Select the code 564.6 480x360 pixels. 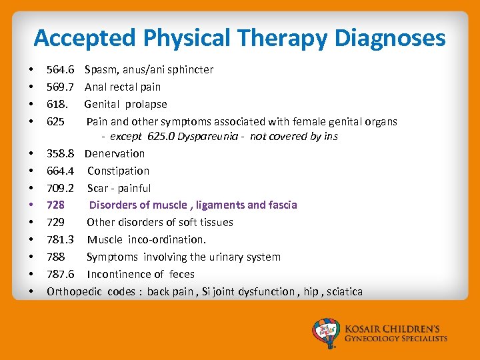pyautogui.click(x=60, y=69)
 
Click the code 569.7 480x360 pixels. pyautogui.click(x=60, y=87)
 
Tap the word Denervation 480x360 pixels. pyautogui.click(x=114, y=153)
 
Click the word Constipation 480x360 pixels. pyautogui.click(x=118, y=171)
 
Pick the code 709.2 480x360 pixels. pyautogui.click(x=60, y=188)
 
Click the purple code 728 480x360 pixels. pyautogui.click(x=55, y=205)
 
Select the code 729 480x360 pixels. pyautogui.click(x=55, y=222)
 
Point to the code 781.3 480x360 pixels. pyautogui.click(x=60, y=239)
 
